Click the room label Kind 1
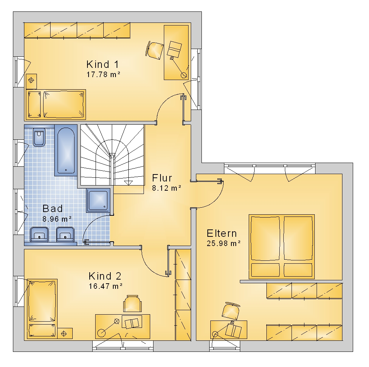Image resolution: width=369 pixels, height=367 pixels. click(x=103, y=64)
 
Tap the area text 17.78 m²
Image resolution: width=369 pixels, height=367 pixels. click(x=104, y=75)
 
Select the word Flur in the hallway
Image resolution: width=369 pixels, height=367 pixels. click(x=162, y=178)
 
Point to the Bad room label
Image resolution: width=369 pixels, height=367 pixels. click(x=53, y=209)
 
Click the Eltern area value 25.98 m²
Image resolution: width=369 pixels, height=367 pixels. click(x=224, y=243)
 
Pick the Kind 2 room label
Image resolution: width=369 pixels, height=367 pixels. click(x=105, y=276)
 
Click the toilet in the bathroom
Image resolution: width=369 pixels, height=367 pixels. click(x=39, y=137)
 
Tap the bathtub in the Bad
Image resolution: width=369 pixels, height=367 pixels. click(x=66, y=150)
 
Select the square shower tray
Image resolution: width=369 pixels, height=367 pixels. click(x=99, y=200)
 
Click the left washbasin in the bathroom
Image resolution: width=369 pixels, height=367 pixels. click(x=39, y=234)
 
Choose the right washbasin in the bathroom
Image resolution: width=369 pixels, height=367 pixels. click(x=65, y=234)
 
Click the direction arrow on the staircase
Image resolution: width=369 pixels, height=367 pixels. click(x=128, y=183)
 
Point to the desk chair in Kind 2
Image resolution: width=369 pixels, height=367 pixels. click(x=132, y=304)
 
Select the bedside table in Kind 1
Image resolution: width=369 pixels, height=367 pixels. click(x=31, y=80)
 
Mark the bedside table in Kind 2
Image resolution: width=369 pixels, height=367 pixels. click(x=65, y=333)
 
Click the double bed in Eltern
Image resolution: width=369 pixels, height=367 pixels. click(x=282, y=246)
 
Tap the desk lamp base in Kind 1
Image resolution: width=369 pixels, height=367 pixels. click(x=183, y=75)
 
